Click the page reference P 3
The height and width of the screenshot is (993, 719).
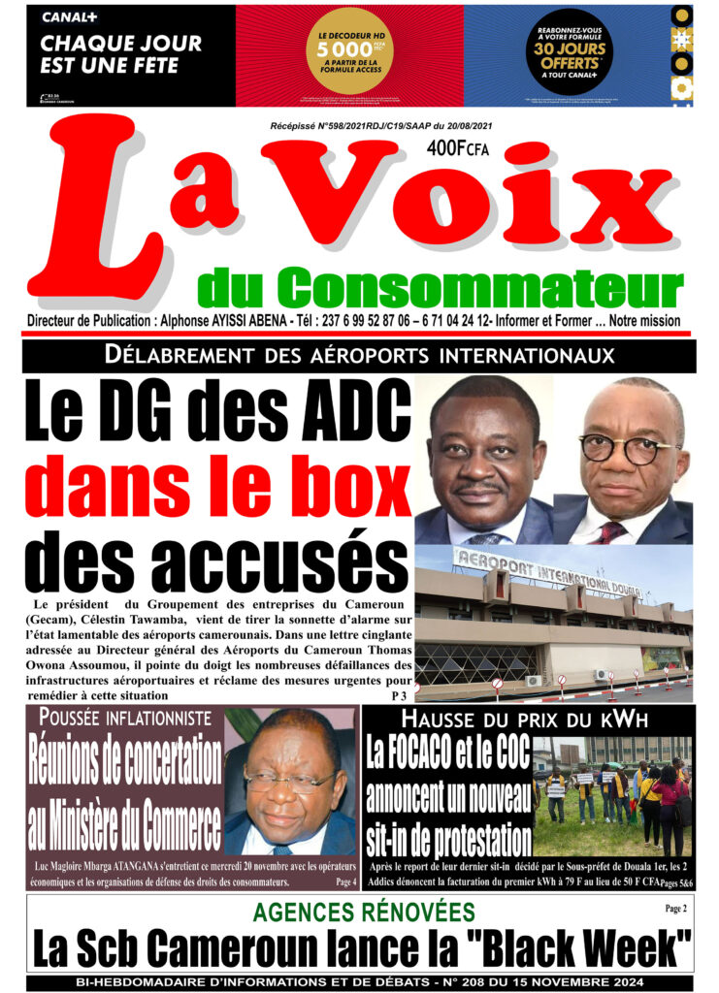pyautogui.click(x=399, y=696)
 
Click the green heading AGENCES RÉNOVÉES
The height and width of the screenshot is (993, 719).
pyautogui.click(x=364, y=912)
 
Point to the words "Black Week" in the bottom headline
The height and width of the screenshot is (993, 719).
pyautogui.click(x=583, y=947)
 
